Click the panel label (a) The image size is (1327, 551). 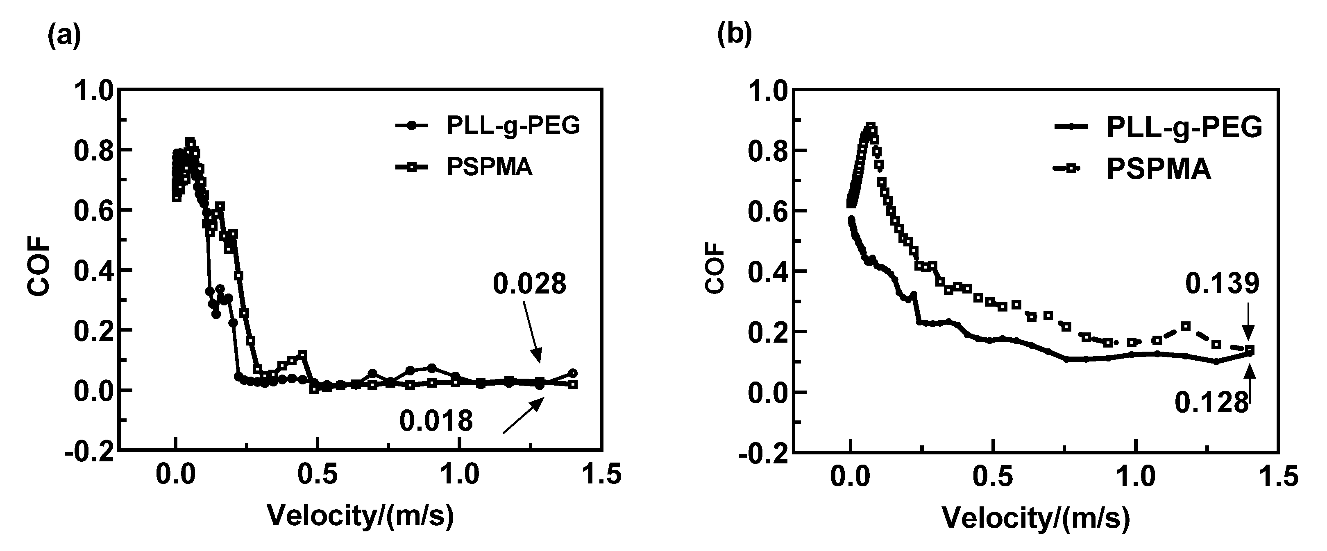coord(64,37)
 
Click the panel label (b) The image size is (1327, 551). coord(735,35)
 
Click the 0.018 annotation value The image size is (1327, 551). coord(436,421)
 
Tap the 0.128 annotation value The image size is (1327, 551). coord(1211,403)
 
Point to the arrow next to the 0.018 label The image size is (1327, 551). coord(523,416)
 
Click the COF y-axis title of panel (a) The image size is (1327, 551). coord(39,270)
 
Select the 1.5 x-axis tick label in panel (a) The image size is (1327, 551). coord(602,474)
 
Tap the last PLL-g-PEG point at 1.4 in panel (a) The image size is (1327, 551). coord(573,373)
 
